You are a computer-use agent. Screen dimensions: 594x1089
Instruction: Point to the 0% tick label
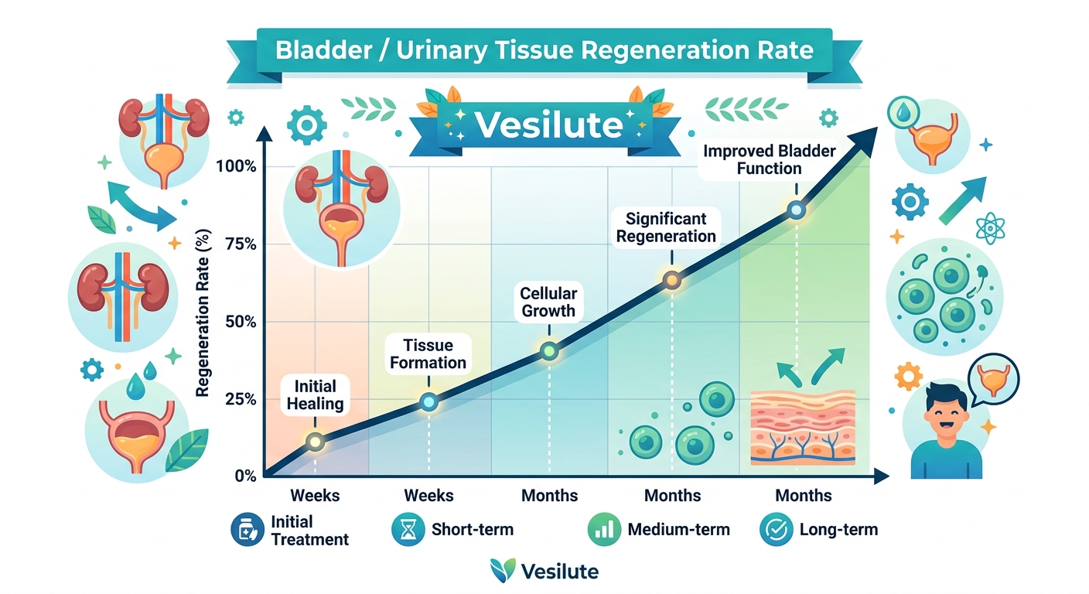[244, 476]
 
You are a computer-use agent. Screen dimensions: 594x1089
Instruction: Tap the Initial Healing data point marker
[315, 442]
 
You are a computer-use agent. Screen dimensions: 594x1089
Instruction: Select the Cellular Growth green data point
[549, 351]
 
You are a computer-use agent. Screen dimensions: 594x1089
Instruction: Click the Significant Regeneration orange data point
[672, 280]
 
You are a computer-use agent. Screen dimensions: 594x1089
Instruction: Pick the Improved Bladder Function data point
[796, 210]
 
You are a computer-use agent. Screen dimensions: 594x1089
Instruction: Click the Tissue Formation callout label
[428, 353]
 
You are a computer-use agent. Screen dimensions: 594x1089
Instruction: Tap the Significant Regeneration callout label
[666, 227]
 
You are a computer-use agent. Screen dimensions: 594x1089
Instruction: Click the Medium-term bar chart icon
[604, 530]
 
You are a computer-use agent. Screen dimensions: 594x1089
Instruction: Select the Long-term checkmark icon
[776, 530]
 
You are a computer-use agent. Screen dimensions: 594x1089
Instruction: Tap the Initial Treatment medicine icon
[247, 530]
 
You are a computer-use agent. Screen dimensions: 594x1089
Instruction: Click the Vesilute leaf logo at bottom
[503, 571]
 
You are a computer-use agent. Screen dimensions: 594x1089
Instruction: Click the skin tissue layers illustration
[803, 427]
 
